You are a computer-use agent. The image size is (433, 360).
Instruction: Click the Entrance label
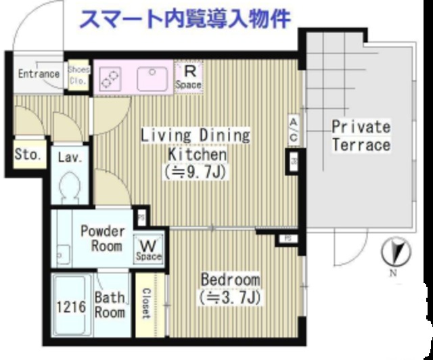[39, 73]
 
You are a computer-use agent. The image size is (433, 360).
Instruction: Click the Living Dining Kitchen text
[196, 144]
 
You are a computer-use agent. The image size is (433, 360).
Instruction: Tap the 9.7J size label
[196, 172]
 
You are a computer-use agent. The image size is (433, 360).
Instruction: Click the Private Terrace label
[361, 135]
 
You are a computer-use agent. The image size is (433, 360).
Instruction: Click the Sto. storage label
[28, 155]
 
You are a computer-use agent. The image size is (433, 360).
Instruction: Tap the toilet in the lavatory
[69, 187]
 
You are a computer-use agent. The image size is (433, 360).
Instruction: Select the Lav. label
[70, 158]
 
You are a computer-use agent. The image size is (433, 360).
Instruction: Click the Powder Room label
[102, 238]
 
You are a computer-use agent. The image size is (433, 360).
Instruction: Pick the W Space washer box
[149, 248]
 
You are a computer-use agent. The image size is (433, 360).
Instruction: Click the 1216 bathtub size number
[70, 307]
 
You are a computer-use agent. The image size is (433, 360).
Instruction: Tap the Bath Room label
[109, 305]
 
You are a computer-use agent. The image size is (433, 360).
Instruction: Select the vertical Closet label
[146, 303]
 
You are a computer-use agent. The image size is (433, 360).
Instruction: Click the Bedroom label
[230, 279]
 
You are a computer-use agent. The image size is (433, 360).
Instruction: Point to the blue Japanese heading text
[185, 18]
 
